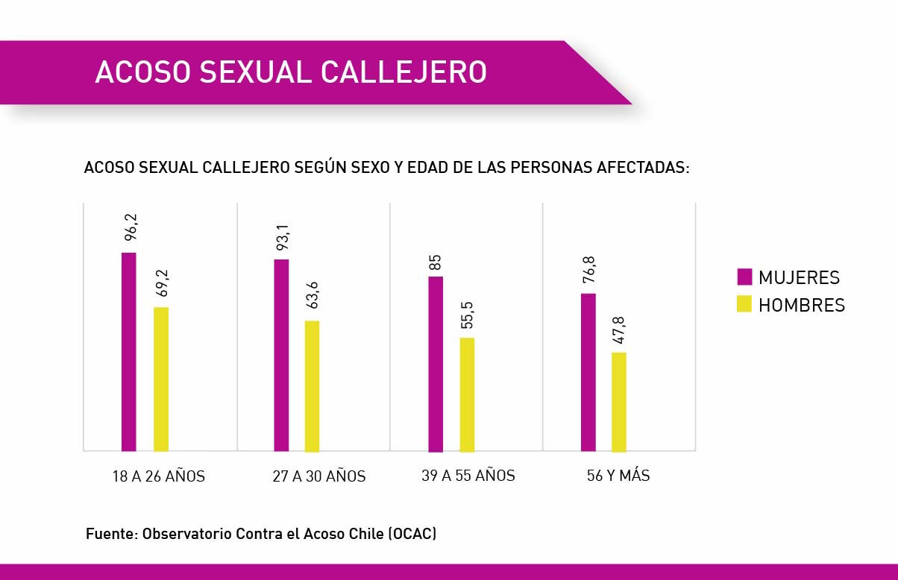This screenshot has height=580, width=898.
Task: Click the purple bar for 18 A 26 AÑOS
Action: coord(128,352)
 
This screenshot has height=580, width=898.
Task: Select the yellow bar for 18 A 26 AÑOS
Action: coord(161,379)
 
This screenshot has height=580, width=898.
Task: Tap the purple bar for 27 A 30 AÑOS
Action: coord(281,355)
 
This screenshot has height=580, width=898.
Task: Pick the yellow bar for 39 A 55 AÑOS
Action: coord(467,394)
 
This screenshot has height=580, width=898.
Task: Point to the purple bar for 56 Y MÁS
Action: coord(588,372)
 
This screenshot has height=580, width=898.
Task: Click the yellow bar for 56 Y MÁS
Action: coord(619,402)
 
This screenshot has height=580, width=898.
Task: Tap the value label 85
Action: coord(436,262)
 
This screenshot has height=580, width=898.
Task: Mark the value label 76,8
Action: coord(588,269)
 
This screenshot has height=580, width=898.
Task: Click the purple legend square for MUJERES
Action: coord(744,277)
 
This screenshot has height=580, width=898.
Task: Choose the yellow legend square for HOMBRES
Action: coord(744,304)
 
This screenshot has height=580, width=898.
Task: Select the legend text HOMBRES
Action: coord(802,305)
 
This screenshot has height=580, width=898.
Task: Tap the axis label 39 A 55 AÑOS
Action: coord(468,476)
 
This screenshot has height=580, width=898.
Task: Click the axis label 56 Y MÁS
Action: coord(618,476)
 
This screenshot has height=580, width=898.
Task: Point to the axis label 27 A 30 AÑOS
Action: coord(319,476)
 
